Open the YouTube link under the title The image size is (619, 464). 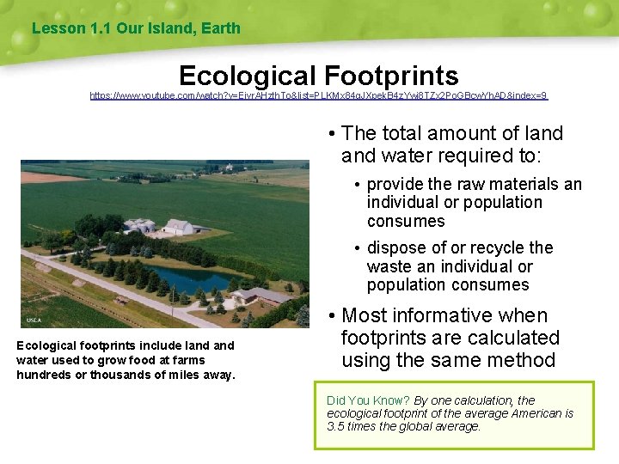[x=319, y=96]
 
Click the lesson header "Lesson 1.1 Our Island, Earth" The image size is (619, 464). [x=136, y=28]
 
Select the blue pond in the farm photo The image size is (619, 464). [x=194, y=280]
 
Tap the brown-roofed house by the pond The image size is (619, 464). [x=261, y=296]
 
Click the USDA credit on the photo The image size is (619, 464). [x=34, y=320]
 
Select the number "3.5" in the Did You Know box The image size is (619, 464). [x=336, y=426]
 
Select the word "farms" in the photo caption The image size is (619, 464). [x=190, y=360]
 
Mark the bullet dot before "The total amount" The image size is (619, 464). [x=331, y=134]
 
